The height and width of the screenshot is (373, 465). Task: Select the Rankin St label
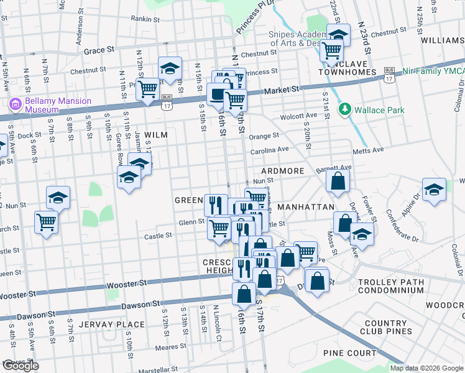[146, 19]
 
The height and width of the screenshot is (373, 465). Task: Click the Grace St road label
[99, 49]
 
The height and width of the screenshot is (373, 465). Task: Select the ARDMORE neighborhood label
[283, 171]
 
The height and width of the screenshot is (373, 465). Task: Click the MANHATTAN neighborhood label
[306, 206]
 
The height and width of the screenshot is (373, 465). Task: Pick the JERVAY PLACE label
[118, 325]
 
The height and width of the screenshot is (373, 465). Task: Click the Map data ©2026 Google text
[426, 368]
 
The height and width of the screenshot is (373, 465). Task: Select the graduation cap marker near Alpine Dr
[434, 190]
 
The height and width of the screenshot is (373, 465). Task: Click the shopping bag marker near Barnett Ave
[338, 181]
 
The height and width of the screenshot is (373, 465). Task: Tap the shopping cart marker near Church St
[47, 222]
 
